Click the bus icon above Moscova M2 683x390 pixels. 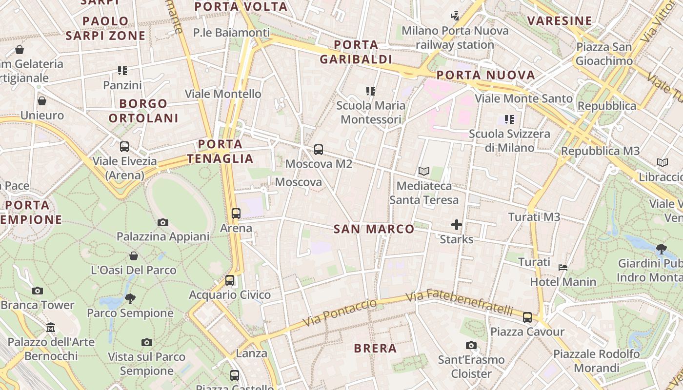tap(319, 150)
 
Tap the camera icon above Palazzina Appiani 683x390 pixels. tap(163, 223)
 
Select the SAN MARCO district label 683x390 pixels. tap(374, 229)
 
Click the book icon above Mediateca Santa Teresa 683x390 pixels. tap(424, 172)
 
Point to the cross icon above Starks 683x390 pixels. tap(457, 225)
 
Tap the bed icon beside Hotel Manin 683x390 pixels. tap(563, 267)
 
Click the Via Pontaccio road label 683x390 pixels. tap(340, 313)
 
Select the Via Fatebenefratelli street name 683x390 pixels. tap(460, 302)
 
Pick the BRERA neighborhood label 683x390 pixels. tap(375, 349)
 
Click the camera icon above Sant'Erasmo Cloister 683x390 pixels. tap(471, 346)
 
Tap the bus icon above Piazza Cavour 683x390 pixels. tap(527, 317)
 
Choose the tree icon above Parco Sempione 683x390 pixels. tap(130, 298)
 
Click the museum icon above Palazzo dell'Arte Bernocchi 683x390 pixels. tap(51, 328)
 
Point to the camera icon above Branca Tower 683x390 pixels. tap(38, 291)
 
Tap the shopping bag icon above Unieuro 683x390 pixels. tap(42, 101)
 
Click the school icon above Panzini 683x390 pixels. tap(122, 71)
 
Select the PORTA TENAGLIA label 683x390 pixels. tap(221, 151)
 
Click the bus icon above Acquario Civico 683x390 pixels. tap(230, 280)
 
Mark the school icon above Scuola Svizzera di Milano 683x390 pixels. tap(509, 119)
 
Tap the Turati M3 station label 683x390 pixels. tap(534, 217)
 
